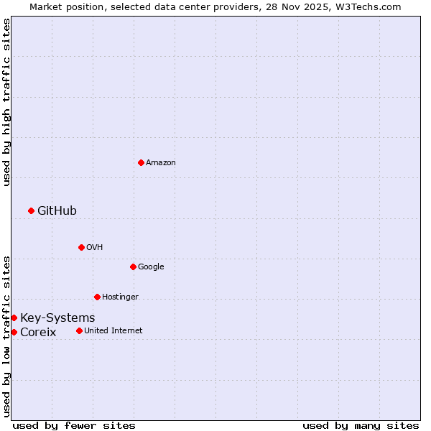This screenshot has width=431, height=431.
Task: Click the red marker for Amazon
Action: (x=141, y=162)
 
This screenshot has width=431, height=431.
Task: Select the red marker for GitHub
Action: (x=31, y=210)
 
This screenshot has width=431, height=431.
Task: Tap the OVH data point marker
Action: (x=81, y=247)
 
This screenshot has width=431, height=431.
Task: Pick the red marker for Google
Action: (x=133, y=267)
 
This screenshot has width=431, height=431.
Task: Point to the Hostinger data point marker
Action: (x=97, y=297)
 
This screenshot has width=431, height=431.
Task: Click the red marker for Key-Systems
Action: (x=14, y=318)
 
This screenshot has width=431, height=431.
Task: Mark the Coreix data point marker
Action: (x=14, y=332)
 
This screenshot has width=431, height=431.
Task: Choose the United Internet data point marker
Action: (x=79, y=330)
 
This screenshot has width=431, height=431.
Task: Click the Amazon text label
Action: (x=161, y=163)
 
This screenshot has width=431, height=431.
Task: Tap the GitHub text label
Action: (x=57, y=210)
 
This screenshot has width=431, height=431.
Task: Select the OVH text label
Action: (x=95, y=248)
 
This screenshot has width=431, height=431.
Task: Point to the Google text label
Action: (x=151, y=267)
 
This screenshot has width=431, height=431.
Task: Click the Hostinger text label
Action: (x=120, y=297)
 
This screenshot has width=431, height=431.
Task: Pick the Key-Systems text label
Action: (x=57, y=318)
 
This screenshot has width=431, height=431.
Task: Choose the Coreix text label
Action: (x=38, y=333)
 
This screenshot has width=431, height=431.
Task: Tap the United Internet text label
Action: (x=113, y=331)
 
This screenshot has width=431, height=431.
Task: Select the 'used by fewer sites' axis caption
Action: (x=74, y=425)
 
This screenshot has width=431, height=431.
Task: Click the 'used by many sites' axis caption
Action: (x=361, y=425)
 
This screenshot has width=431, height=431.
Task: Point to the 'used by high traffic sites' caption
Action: (x=6, y=102)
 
